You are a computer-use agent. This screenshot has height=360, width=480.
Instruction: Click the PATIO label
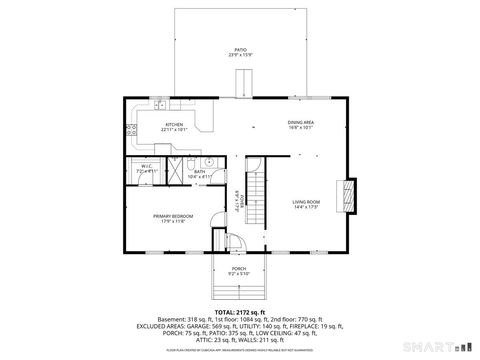(240, 49)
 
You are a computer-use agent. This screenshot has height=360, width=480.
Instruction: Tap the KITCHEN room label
(174, 125)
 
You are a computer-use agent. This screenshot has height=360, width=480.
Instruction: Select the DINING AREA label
(301, 123)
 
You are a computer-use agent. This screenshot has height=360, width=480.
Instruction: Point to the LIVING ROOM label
(305, 202)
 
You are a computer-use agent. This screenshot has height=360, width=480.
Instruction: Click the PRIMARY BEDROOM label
(173, 216)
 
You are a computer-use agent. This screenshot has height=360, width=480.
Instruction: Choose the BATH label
(199, 171)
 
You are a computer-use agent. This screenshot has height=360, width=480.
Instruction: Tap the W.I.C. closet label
(145, 167)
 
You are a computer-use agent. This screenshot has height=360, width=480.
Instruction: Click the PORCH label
(239, 268)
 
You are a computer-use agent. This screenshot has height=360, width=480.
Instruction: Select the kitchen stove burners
(130, 130)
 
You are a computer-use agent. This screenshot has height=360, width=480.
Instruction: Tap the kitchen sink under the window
(161, 103)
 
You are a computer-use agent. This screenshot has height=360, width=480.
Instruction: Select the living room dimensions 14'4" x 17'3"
(305, 208)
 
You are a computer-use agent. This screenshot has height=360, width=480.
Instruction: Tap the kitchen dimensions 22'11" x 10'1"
(174, 131)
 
